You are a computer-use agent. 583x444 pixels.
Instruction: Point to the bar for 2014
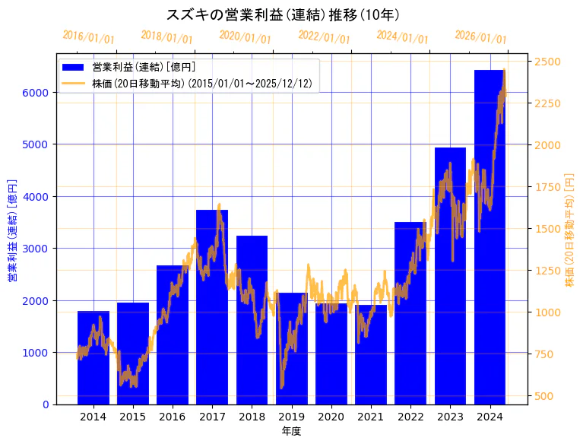[93, 357]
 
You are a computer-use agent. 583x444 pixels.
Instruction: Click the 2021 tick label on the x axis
[371, 417]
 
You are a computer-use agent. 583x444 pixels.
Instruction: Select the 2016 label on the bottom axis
[173, 417]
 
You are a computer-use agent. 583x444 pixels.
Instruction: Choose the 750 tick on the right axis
[544, 354]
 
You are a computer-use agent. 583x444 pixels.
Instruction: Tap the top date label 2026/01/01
[480, 37]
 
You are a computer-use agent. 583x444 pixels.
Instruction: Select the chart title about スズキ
[283, 14]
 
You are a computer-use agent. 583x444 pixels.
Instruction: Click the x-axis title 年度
[291, 431]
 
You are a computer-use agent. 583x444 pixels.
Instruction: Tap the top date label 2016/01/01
[88, 36]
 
